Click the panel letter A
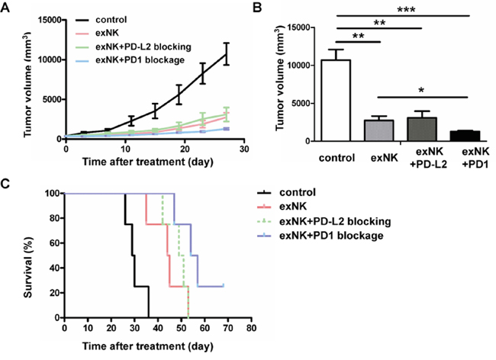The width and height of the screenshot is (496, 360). (6, 8)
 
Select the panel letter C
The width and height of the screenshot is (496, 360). (6, 183)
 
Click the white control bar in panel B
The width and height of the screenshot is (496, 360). (340, 100)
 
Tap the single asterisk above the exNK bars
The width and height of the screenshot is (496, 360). (421, 92)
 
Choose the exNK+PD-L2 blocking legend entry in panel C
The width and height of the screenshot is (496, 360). (336, 221)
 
